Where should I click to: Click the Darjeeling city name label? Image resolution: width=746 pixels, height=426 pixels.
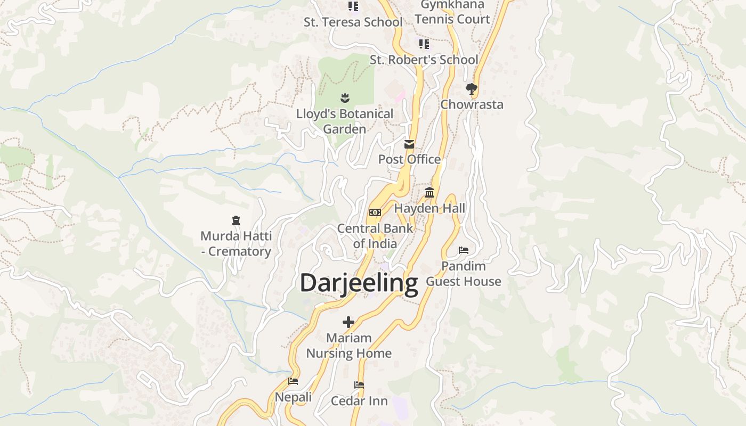coord(359,283)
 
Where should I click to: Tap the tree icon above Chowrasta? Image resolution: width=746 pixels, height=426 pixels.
coord(471,88)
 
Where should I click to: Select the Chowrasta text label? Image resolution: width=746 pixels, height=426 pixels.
coord(472,104)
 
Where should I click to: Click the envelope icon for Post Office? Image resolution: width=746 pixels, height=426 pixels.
coord(409,144)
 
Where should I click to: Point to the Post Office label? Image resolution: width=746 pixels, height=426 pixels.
coord(409,159)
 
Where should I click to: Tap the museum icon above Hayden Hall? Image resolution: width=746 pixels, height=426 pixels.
coord(429,193)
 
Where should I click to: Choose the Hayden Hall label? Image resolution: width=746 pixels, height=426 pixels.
coord(429,208)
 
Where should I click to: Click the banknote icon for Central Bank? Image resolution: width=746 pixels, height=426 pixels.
coord(375,212)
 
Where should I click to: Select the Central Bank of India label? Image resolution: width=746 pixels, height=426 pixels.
coord(375,236)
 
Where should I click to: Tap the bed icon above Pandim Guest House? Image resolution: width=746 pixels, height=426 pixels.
coord(464,250)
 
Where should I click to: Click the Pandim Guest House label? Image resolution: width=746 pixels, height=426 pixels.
coord(464,274)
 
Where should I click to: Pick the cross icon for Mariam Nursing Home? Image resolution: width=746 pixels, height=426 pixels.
coord(348,322)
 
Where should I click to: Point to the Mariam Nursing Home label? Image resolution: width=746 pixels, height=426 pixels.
coord(348,346)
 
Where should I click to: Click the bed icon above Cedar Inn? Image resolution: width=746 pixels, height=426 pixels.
coord(359,385)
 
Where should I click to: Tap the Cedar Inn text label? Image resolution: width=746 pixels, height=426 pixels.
coord(359,401)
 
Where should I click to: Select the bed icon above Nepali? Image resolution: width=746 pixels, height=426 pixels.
coord(293,381)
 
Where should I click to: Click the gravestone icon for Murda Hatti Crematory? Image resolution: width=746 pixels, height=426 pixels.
coord(236,220)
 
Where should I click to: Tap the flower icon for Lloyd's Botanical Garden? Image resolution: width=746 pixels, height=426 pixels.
coord(345,97)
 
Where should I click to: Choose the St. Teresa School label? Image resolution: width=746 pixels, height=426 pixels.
coord(353,22)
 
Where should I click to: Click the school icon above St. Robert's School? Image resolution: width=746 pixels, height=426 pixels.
coord(424,44)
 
